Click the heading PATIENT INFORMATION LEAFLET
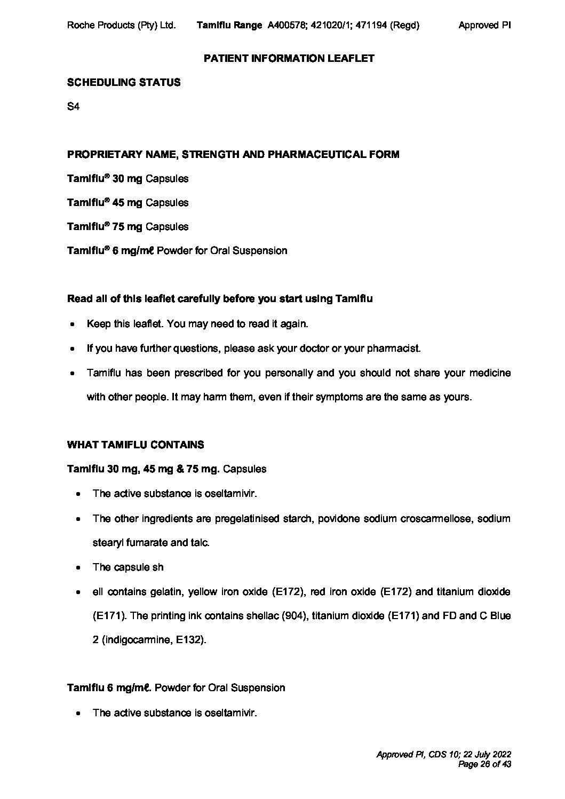289,58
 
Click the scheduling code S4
73,107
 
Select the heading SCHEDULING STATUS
124,82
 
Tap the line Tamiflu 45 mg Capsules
128,203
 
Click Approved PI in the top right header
484,25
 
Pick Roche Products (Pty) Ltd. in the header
122,25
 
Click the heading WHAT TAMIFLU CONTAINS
136,445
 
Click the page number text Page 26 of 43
484,764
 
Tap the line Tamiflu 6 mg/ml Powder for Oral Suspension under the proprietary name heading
177,251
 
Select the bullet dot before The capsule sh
78,568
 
